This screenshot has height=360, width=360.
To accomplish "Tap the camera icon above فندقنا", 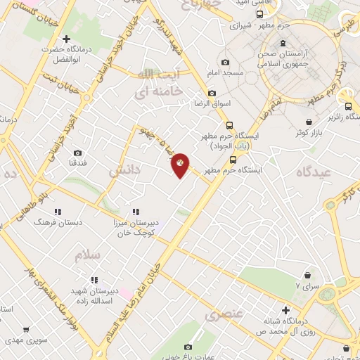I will click(77, 153).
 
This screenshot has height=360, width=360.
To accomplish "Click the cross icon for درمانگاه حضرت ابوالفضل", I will click(67, 39).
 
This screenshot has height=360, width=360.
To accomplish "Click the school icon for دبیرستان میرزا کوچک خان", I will click(136, 212).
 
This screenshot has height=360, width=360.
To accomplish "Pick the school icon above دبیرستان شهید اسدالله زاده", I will click(95, 278).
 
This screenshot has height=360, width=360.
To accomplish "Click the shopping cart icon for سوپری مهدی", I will click(26, 329).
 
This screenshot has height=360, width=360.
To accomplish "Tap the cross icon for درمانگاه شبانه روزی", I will click(285, 309).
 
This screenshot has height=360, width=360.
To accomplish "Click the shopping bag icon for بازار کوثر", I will click(302, 120).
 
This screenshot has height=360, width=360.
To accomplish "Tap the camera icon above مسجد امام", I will click(224, 63).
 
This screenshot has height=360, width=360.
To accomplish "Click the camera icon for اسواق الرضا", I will click(212, 93).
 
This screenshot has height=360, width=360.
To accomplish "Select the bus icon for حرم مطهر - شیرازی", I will click(260, 13).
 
